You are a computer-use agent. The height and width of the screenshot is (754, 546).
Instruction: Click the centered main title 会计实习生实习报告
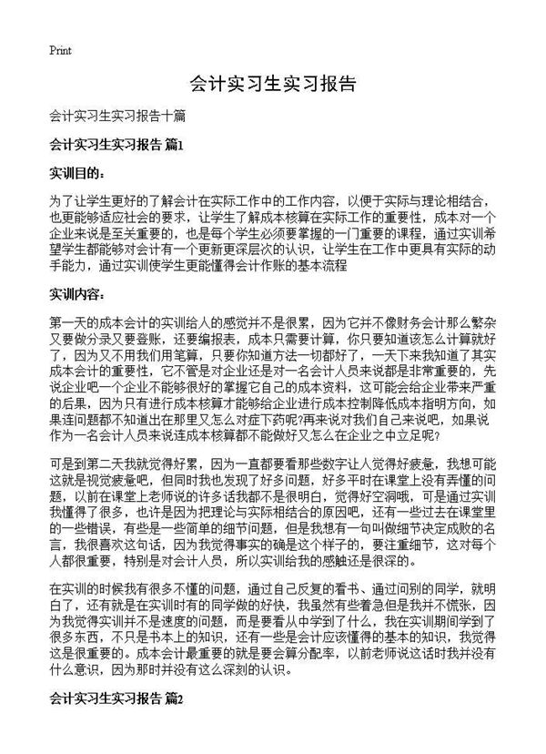tap(272, 85)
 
